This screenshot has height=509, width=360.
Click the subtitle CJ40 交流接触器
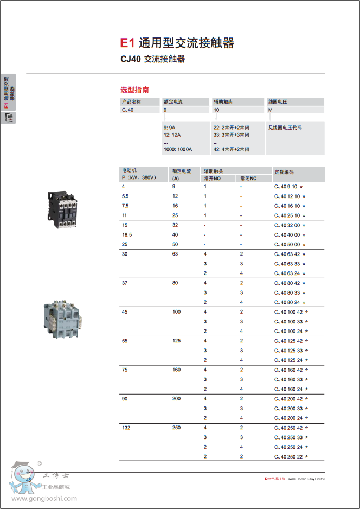152,59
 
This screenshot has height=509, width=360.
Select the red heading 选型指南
134,90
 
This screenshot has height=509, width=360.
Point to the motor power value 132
126,428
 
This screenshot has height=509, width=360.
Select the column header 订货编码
284,171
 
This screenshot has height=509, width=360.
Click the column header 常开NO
213,178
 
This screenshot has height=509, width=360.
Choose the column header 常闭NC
248,178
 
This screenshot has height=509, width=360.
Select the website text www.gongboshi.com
44,499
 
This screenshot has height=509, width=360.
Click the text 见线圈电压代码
285,128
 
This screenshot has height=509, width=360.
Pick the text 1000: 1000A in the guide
178,149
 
